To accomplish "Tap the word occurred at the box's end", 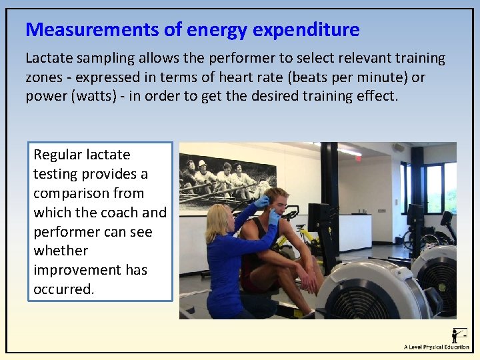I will [63, 290].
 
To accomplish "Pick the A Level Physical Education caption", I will [437, 347].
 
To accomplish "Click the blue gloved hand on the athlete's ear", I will [273, 217].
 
